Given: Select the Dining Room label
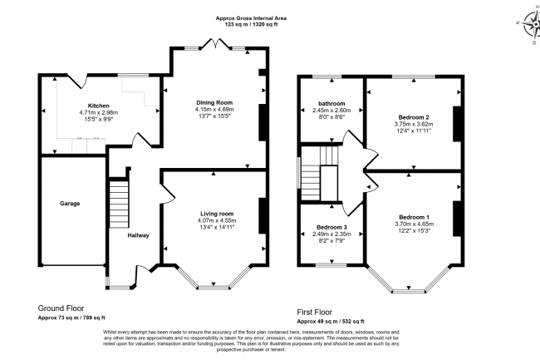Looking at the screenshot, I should (215, 101).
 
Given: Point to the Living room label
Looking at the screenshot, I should (215, 213).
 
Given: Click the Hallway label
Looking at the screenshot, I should (138, 235).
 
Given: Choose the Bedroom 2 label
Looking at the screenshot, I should (412, 117).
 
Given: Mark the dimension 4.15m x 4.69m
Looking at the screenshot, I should (215, 109).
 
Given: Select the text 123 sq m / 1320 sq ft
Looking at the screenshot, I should (253, 24).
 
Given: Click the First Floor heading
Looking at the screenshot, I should (319, 311).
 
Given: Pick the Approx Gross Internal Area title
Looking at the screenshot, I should (253, 17).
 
